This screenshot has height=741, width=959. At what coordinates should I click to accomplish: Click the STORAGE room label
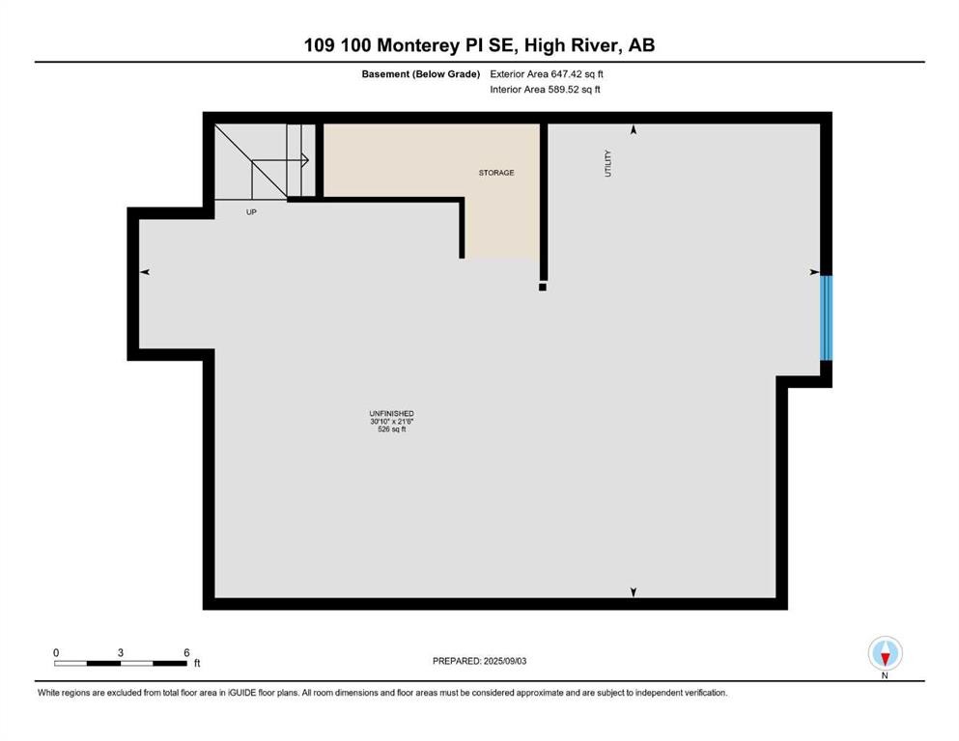coord(496,173)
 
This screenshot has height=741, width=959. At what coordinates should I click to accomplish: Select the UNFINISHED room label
coord(391,413)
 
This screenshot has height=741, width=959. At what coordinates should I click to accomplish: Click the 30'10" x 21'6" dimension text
coord(391,422)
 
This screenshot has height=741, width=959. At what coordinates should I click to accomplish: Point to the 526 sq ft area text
coord(391,430)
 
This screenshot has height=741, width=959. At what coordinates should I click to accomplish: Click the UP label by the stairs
coord(251,211)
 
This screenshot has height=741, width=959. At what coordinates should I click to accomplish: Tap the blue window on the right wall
coord(826,317)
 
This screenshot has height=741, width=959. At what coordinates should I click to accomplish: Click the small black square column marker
coord(543,287)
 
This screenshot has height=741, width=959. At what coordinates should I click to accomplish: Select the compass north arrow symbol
coord(885,654)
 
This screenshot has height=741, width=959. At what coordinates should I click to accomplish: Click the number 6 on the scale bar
coord(185,652)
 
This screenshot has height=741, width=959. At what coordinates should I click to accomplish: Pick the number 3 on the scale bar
coord(121,652)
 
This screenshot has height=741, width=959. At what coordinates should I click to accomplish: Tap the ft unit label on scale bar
coord(197,664)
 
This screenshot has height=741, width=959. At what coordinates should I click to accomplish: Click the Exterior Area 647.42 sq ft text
coord(547,73)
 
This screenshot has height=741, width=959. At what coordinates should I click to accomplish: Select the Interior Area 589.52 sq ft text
coord(545,90)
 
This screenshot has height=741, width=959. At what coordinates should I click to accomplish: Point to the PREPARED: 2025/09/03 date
coord(479,661)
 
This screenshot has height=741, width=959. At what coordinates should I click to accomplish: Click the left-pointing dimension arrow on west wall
coord(145,273)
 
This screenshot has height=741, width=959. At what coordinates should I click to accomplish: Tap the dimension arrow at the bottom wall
coord(634,591)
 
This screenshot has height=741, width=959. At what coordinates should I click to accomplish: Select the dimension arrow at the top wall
coord(634,129)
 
